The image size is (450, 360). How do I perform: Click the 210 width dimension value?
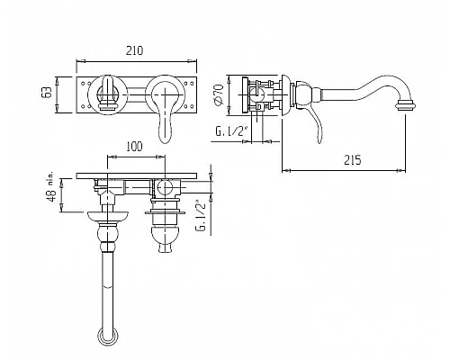[134, 50]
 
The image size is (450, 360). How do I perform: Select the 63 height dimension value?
[46, 93]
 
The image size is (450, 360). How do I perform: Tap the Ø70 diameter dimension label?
[219, 94]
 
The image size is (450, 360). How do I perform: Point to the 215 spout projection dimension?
[353, 160]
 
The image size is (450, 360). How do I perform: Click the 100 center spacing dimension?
[134, 147]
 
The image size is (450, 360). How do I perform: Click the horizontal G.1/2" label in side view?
[230, 131]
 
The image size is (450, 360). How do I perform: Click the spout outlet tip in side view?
[405, 106]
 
